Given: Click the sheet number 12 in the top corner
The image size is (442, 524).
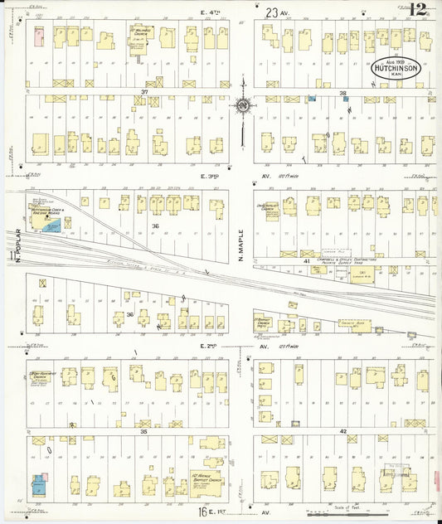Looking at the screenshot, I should (418, 10).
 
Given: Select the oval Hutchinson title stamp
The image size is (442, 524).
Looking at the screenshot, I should (401, 69).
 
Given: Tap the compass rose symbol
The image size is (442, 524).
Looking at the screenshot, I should (243, 106).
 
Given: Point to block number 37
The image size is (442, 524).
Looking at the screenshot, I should (144, 91).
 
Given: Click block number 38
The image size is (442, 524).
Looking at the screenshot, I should (342, 94).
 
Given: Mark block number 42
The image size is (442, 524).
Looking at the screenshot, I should (342, 432).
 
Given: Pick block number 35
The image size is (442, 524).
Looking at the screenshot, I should (143, 432).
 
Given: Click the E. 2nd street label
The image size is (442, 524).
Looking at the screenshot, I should (211, 344).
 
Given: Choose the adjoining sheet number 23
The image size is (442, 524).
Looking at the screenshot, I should (272, 12).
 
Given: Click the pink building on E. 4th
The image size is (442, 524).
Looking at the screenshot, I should (38, 35).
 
